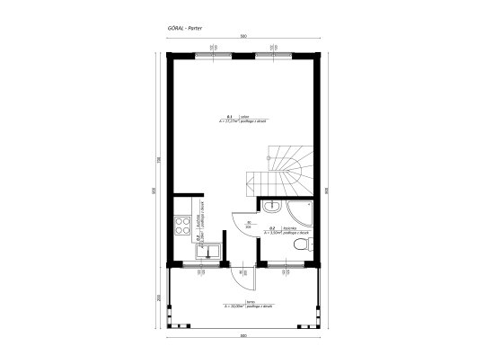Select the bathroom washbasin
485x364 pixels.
coord(271,207)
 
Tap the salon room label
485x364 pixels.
coord(242,120)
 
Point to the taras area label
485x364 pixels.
coord(242,306)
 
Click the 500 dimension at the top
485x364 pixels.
coord(242,35)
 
